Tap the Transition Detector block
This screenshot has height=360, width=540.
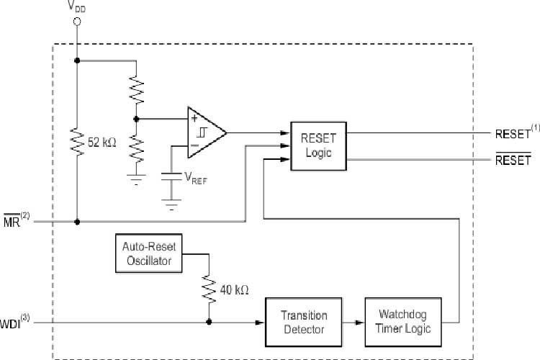[303, 322]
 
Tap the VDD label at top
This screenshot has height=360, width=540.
[77, 6]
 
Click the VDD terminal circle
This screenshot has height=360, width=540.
[77, 22]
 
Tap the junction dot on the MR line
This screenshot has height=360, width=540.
[77, 221]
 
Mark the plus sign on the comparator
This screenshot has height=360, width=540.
[194, 119]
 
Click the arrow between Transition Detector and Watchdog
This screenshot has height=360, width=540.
[353, 322]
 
